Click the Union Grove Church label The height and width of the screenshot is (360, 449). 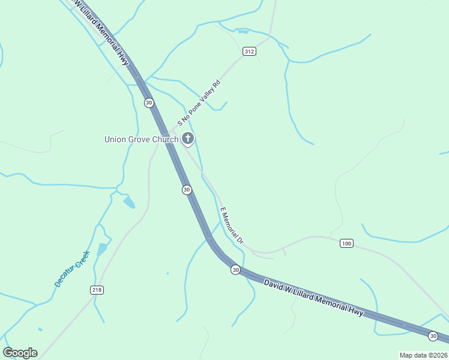click(141, 140)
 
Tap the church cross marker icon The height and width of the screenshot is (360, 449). click(187, 140)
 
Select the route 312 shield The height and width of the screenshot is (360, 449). click(250, 52)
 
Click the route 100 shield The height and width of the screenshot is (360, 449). click(346, 243)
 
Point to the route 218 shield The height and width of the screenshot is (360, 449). click(97, 290)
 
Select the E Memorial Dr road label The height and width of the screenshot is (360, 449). click(232, 226)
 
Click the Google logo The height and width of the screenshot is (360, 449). click(20, 353)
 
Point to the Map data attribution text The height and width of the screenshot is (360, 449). click(423, 355)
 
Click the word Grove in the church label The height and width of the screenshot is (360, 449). click(140, 140)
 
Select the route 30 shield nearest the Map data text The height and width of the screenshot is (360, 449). click(433, 335)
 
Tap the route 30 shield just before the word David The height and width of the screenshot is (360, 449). click(236, 270)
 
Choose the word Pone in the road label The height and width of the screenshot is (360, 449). click(193, 109)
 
